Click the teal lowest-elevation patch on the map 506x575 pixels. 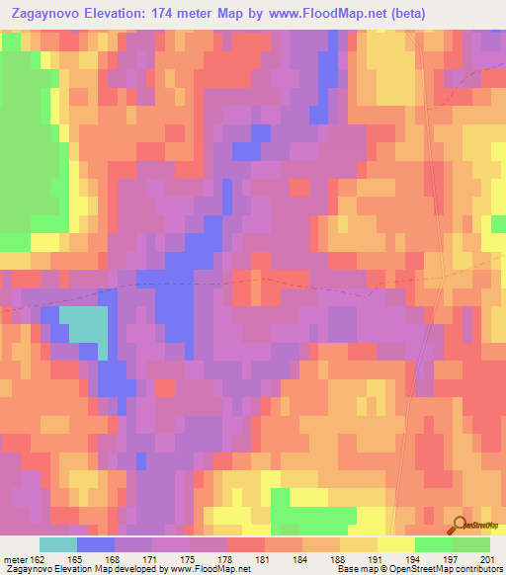click(85, 325)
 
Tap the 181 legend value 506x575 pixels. click(263, 559)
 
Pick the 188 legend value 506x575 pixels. click(338, 559)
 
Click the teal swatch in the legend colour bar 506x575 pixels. click(58, 544)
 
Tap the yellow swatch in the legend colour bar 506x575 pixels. click(395, 544)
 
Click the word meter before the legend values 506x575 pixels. click(16, 559)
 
